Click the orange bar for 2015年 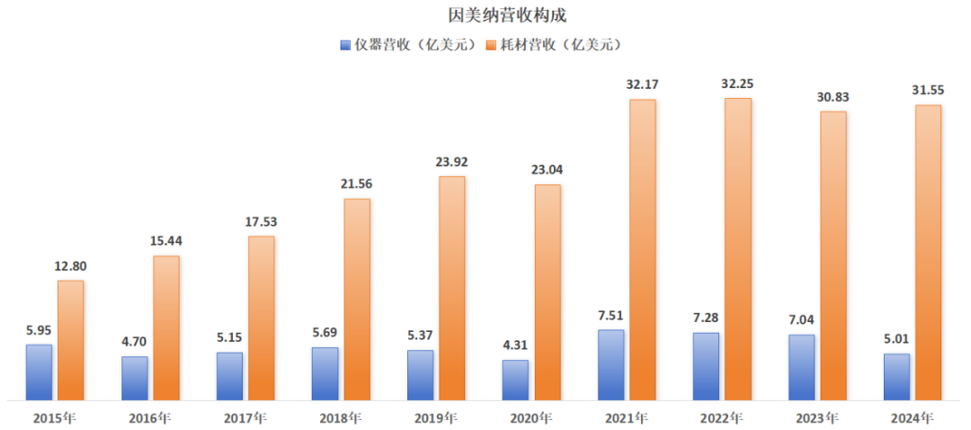click(70, 340)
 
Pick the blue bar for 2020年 click(515, 380)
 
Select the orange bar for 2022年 click(737, 248)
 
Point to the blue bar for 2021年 click(610, 364)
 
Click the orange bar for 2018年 click(357, 299)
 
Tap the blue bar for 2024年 click(896, 376)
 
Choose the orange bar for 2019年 click(451, 288)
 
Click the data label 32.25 click(738, 83)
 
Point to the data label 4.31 click(515, 345)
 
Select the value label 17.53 click(262, 221)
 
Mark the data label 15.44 click(166, 241)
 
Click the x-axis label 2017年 click(245, 418)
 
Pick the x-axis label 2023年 click(817, 418)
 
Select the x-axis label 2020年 click(531, 418)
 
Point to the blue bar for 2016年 click(135, 378)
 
